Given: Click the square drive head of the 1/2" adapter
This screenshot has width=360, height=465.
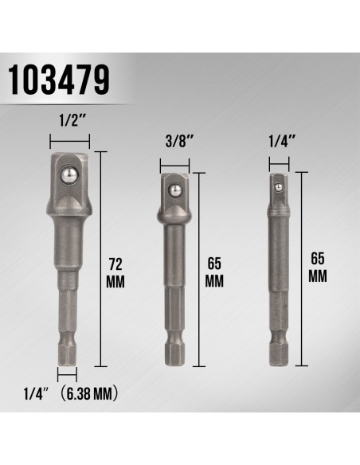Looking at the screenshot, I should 72,177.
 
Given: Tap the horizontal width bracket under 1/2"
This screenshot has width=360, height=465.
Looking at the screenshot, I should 72,143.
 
